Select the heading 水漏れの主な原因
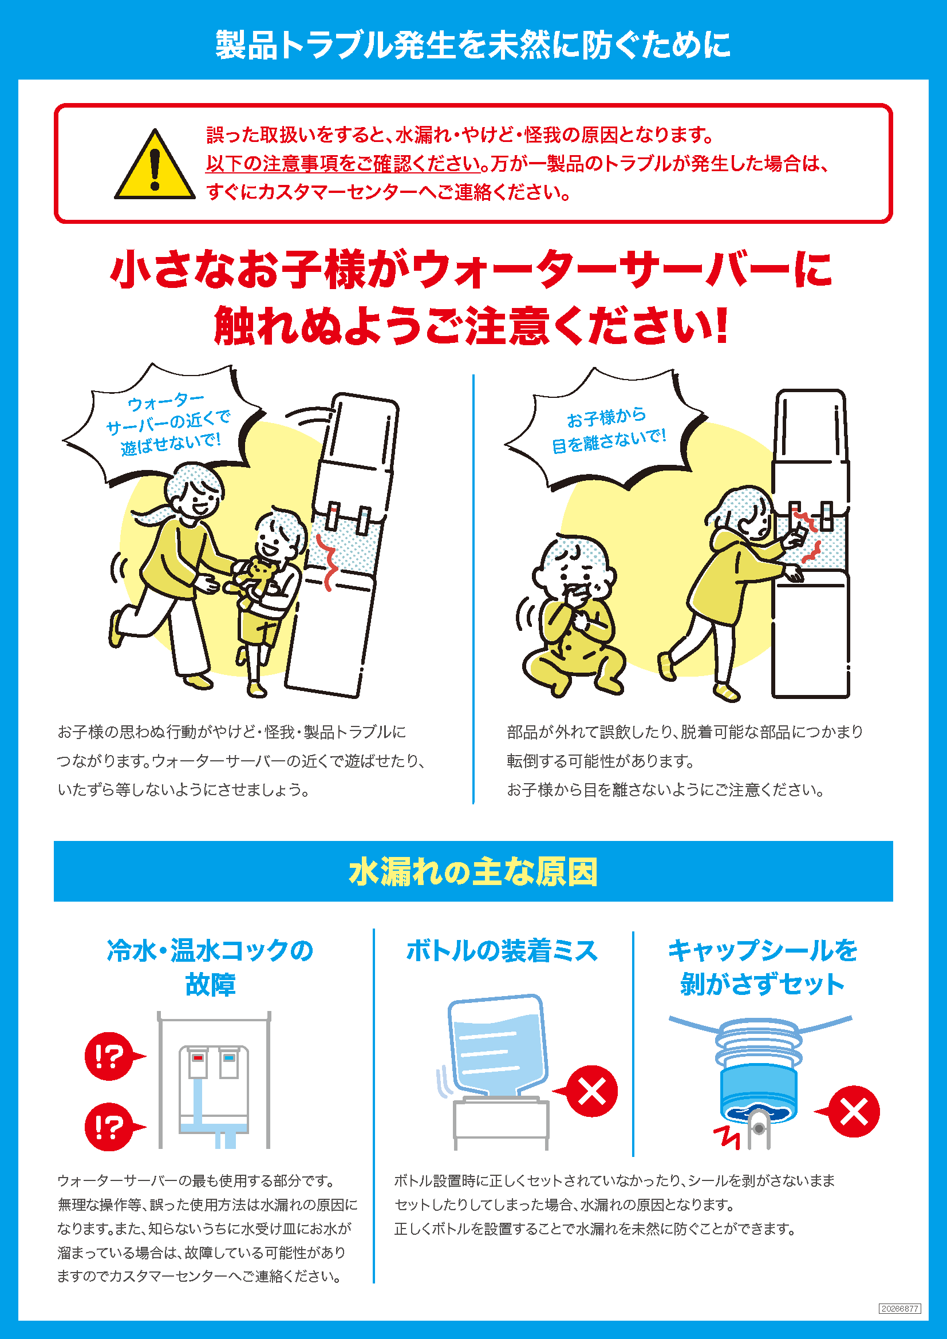click(x=473, y=872)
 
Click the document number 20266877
click(x=900, y=1309)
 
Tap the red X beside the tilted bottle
click(x=591, y=1091)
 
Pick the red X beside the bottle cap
click(x=853, y=1112)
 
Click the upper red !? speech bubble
click(x=111, y=1056)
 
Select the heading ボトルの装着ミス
click(x=502, y=951)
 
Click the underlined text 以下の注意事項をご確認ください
click(x=344, y=164)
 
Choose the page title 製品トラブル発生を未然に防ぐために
click(x=473, y=45)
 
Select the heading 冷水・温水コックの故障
click(x=211, y=967)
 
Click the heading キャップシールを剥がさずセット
click(x=762, y=967)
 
